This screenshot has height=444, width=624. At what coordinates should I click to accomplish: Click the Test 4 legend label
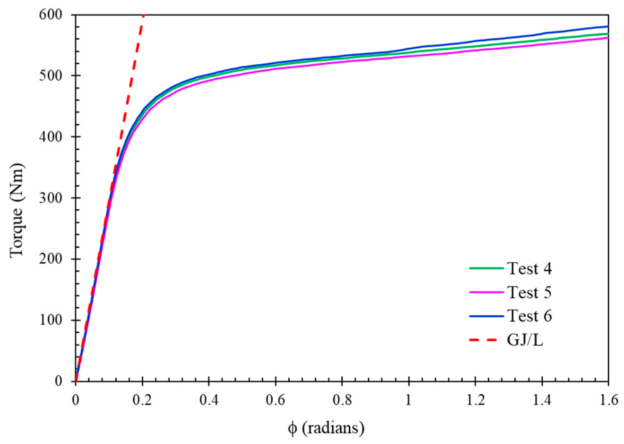pos(529,269)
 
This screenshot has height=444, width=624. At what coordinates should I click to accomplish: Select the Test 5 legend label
pos(529,293)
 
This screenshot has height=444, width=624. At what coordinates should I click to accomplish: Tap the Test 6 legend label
pos(529,316)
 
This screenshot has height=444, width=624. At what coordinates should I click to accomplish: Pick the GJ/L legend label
pos(525,340)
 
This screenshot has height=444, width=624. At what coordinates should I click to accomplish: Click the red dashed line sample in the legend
pos(486,340)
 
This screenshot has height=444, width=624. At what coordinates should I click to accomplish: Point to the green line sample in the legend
pos(486,268)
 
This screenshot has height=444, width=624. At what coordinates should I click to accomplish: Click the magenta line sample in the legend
pos(486,292)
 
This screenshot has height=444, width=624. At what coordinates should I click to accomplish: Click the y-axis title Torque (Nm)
pos(17,211)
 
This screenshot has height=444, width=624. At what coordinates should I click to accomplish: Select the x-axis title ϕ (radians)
pos(326,428)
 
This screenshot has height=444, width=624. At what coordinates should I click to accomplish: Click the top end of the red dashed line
pos(143,15)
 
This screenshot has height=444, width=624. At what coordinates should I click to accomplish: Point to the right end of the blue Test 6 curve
pos(608,27)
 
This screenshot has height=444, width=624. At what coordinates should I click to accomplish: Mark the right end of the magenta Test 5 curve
pos(608,38)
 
